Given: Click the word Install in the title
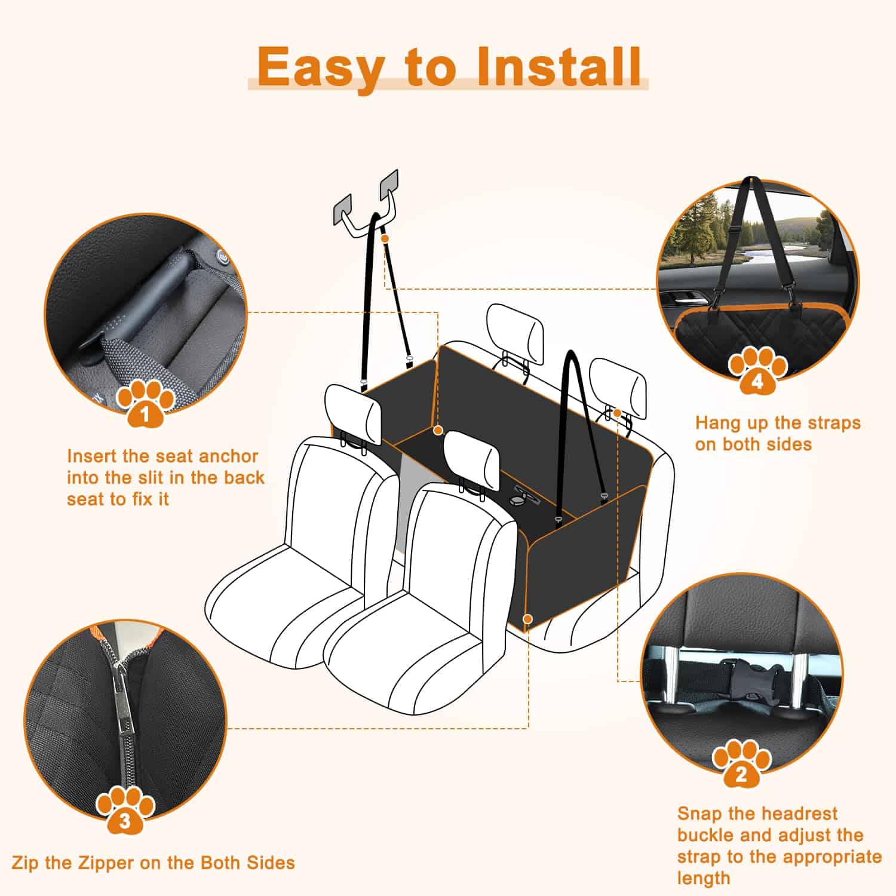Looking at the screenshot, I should (560, 67).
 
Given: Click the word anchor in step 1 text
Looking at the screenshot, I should (229, 456).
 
